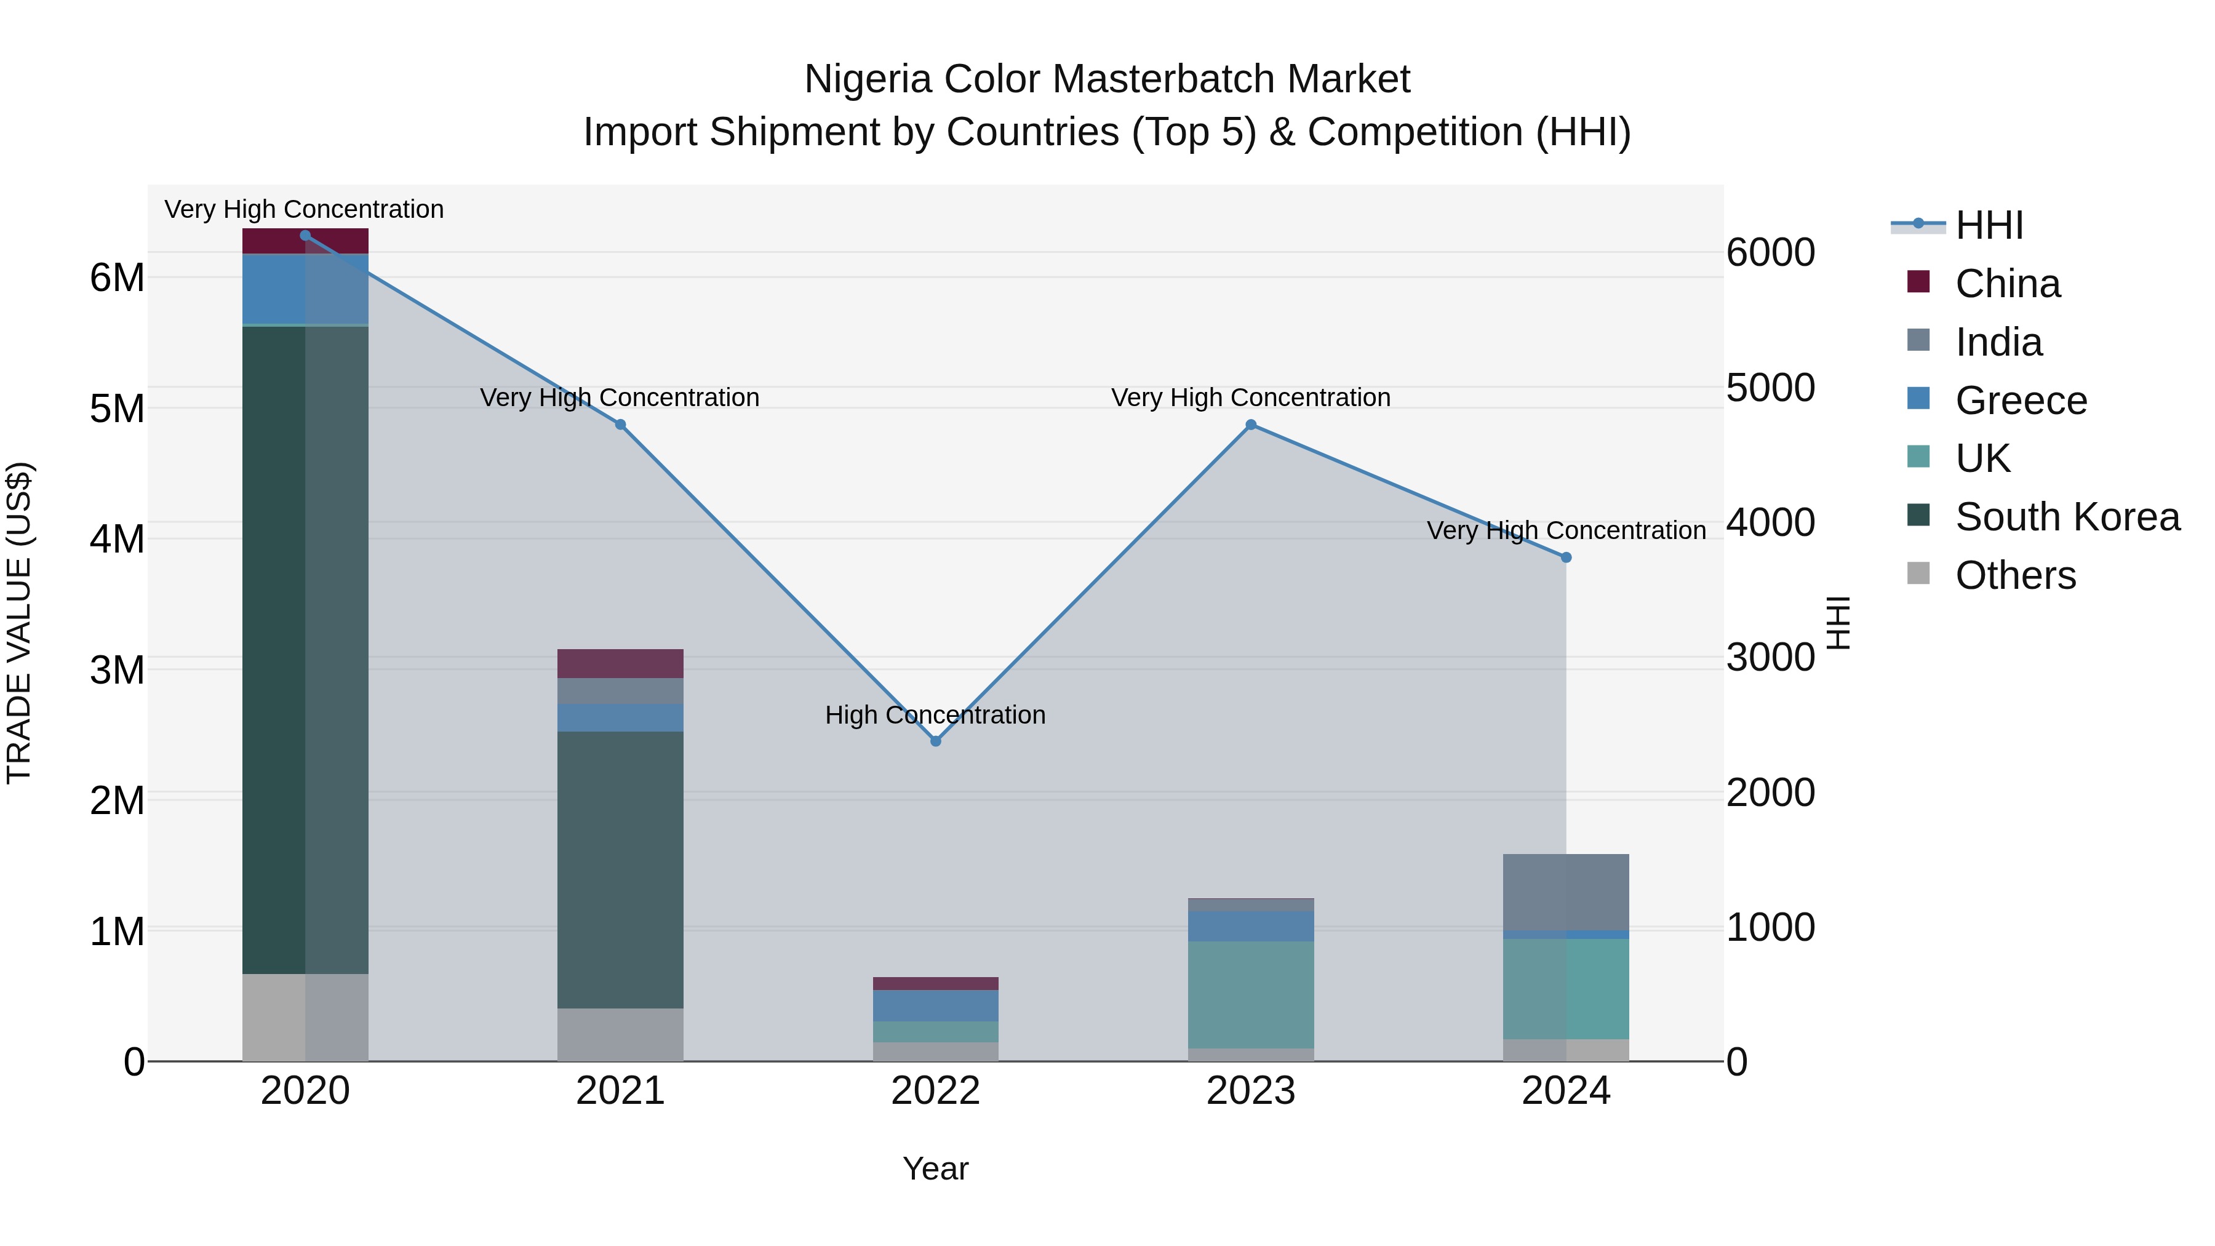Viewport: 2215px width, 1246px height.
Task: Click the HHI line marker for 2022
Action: pos(935,740)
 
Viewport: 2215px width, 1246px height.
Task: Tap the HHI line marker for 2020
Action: pos(305,236)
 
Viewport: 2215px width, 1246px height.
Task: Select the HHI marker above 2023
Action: pos(1251,425)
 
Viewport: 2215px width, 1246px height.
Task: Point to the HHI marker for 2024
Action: pos(1566,557)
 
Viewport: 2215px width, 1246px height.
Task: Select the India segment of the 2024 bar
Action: pos(1566,892)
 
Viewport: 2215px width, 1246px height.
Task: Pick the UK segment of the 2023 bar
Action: pos(1251,994)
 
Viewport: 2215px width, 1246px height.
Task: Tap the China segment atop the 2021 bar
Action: pos(620,663)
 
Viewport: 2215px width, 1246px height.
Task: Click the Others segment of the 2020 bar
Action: pos(305,1017)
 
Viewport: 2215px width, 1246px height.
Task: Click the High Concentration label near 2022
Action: pos(935,714)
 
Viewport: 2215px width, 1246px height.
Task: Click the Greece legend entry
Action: pos(2020,401)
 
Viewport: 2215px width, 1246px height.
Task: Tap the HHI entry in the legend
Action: pos(1988,225)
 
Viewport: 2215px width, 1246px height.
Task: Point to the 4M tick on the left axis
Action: pos(117,539)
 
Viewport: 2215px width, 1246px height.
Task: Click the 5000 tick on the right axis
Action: pos(1770,388)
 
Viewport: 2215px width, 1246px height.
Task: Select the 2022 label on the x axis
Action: pos(935,1090)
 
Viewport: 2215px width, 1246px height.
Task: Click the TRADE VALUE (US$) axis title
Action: pos(20,623)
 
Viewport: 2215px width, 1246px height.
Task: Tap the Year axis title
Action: pos(935,1168)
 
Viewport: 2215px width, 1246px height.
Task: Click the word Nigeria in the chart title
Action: pos(868,79)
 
